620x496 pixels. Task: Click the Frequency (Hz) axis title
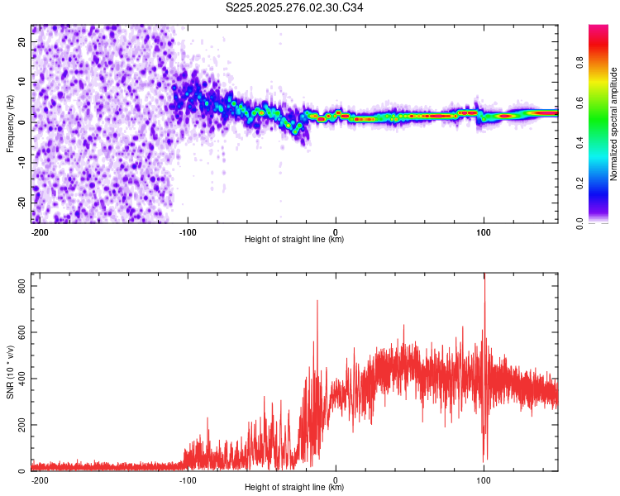pyautogui.click(x=10, y=123)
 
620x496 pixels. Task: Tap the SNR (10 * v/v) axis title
pyautogui.click(x=10, y=372)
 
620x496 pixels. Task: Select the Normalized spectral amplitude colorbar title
pyautogui.click(x=614, y=124)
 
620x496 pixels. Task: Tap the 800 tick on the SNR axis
pyautogui.click(x=18, y=285)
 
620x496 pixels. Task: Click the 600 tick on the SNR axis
pyautogui.click(x=18, y=331)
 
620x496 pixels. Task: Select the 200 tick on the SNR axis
pyautogui.click(x=18, y=425)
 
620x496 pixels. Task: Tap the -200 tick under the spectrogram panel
pyautogui.click(x=40, y=231)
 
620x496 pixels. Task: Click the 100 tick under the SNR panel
pyautogui.click(x=484, y=479)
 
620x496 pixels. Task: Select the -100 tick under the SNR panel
pyautogui.click(x=188, y=479)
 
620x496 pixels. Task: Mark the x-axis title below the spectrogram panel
pyautogui.click(x=294, y=240)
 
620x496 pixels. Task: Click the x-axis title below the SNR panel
pyautogui.click(x=294, y=488)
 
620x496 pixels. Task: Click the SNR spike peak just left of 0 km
pyautogui.click(x=317, y=302)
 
